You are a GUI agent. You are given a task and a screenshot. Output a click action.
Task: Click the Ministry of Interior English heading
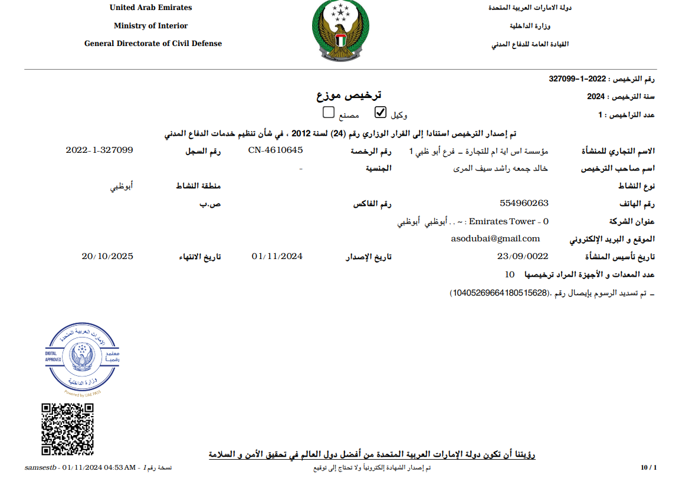(x=150, y=26)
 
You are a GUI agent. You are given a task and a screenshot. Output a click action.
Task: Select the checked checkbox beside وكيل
(x=381, y=112)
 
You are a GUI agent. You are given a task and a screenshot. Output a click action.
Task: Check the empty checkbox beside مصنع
(x=329, y=112)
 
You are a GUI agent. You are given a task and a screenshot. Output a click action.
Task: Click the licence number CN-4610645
(x=276, y=150)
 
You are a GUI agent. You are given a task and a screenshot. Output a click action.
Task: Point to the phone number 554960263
(x=524, y=203)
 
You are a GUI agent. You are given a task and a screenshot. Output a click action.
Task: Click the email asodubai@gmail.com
(x=496, y=238)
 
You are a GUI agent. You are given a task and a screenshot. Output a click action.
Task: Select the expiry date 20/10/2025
(x=107, y=256)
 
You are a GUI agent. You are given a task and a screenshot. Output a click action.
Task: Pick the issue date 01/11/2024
(x=277, y=256)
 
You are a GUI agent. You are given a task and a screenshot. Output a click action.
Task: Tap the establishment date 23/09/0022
(x=523, y=256)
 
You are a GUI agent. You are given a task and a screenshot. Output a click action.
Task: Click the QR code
(x=67, y=429)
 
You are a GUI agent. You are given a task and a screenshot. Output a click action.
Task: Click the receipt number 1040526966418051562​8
(x=499, y=293)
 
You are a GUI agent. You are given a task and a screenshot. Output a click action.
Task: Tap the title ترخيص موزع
(x=349, y=95)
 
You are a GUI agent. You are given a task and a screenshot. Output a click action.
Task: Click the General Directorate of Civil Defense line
(x=153, y=44)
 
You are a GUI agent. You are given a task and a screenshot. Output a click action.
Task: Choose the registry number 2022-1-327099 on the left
(x=99, y=150)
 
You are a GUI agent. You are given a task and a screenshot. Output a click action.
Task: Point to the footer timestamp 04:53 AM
(x=120, y=468)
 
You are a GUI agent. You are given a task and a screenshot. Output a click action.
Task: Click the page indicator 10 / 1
(x=648, y=468)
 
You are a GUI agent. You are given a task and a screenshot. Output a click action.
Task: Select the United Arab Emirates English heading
(x=150, y=8)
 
